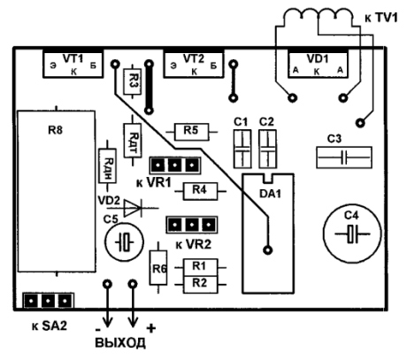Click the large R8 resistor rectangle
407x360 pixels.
pyautogui.click(x=57, y=191)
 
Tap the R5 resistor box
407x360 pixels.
pyautogui.click(x=192, y=132)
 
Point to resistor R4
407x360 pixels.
pyautogui.click(x=200, y=191)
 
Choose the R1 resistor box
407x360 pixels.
pyautogui.click(x=201, y=267)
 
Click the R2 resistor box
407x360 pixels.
pyautogui.click(x=201, y=285)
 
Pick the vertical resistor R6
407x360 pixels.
pyautogui.click(x=158, y=268)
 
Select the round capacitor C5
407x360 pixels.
pyautogui.click(x=125, y=241)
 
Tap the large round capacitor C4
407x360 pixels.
pyautogui.click(x=352, y=234)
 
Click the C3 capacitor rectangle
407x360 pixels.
pyautogui.click(x=344, y=157)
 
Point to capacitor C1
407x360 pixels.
pyautogui.click(x=242, y=149)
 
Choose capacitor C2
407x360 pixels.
pyautogui.click(x=267, y=149)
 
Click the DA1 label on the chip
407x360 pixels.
pyautogui.click(x=270, y=194)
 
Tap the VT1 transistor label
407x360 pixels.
pyautogui.click(x=73, y=58)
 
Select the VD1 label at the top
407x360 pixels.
pyautogui.click(x=318, y=58)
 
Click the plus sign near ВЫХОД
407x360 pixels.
pyautogui.click(x=151, y=328)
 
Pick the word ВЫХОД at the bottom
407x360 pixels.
pyautogui.click(x=120, y=343)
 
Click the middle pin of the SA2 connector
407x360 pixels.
pyautogui.click(x=49, y=301)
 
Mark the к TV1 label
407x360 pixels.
pyautogui.click(x=381, y=18)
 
